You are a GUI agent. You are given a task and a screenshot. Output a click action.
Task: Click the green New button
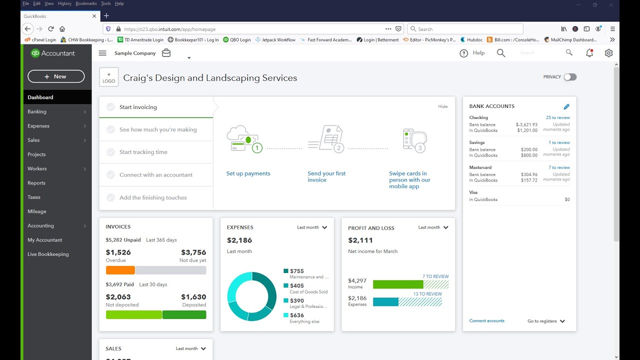[56, 76]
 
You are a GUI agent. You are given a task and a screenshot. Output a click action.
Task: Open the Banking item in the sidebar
[37, 111]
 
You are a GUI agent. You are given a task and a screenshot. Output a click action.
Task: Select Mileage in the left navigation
[36, 211]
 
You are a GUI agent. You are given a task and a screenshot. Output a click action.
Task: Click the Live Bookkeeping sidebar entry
[48, 254]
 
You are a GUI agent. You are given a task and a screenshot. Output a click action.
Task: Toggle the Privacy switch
[570, 77]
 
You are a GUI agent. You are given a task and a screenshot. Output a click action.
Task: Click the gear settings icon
[608, 53]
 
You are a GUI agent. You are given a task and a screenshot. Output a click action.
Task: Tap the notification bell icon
[589, 53]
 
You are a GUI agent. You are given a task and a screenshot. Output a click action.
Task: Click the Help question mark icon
[464, 53]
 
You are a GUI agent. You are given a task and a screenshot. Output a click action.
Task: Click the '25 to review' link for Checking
[557, 117]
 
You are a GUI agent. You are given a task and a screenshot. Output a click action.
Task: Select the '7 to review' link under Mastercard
[558, 167]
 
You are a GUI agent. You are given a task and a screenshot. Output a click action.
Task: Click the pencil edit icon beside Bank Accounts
[566, 106]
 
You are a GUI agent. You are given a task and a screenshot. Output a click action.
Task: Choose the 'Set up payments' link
[248, 173]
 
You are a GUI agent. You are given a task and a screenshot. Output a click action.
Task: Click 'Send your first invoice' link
[326, 176]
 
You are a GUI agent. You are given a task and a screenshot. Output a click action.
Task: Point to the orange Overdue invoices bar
[120, 270]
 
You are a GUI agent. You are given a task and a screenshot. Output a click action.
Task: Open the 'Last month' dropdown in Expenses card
[312, 227]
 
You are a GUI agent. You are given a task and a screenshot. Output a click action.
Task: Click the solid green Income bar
[397, 284]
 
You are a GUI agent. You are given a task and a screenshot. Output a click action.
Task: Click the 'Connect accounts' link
[486, 321]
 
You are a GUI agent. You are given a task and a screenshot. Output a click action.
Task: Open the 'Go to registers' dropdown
[546, 321]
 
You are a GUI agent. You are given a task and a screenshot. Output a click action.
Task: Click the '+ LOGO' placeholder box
[109, 77]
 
